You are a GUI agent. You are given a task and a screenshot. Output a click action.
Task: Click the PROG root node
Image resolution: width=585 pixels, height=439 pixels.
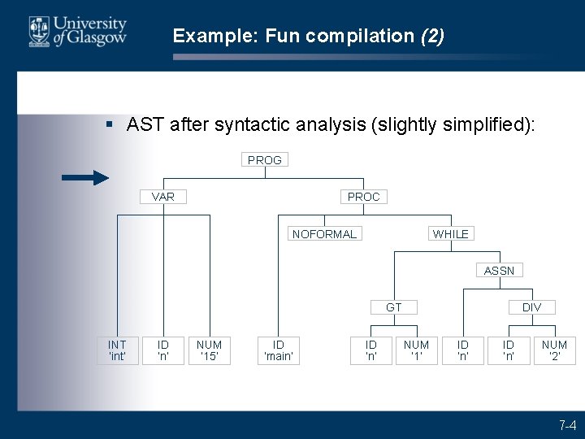(x=265, y=160)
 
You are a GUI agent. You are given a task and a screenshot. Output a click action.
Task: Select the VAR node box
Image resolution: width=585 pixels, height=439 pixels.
(x=163, y=197)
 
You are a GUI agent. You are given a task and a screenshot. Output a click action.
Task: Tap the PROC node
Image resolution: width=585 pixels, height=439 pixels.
(x=363, y=197)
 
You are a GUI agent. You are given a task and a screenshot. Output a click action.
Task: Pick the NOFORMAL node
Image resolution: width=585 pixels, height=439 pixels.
(x=324, y=234)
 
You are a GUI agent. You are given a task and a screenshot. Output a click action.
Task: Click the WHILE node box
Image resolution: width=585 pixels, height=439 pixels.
(x=451, y=234)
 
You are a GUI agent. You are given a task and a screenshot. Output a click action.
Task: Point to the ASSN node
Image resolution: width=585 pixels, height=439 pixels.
(x=499, y=271)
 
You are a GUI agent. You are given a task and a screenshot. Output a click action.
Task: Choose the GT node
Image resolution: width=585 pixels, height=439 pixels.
(x=394, y=307)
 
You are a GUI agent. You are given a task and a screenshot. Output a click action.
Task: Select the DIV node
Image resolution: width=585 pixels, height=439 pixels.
(x=531, y=307)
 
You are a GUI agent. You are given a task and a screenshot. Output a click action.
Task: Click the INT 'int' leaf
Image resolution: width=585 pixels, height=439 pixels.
(x=117, y=350)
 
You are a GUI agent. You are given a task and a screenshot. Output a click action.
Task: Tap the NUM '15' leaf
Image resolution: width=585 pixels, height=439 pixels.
(x=209, y=350)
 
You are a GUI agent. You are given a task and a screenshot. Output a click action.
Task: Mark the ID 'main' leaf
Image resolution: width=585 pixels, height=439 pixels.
(x=278, y=350)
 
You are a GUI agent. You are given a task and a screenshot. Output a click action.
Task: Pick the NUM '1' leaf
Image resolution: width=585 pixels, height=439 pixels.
(x=416, y=350)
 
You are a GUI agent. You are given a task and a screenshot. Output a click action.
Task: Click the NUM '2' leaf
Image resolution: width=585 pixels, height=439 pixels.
(x=554, y=350)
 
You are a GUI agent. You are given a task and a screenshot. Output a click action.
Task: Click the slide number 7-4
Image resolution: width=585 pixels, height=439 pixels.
(x=566, y=425)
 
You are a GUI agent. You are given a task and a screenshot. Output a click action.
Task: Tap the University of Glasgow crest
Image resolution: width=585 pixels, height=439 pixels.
(x=39, y=32)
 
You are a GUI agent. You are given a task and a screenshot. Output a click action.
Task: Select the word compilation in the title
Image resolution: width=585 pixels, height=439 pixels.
(x=370, y=37)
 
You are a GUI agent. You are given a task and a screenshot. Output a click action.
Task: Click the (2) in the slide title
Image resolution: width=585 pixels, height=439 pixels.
(x=431, y=37)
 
